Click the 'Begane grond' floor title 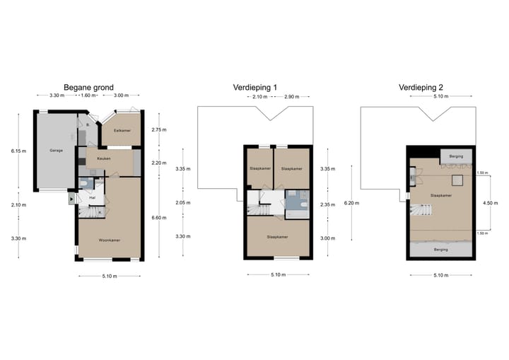coord(88,87)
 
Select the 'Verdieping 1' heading coord(255,87)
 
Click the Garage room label coord(55,151)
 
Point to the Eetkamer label coord(122,131)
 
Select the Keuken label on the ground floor coord(104,159)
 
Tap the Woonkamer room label coord(109,240)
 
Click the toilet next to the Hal coord(85,184)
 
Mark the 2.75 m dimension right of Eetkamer coord(158,130)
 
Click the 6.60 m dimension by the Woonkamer coord(159,218)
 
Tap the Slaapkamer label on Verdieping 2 coord(441,195)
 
